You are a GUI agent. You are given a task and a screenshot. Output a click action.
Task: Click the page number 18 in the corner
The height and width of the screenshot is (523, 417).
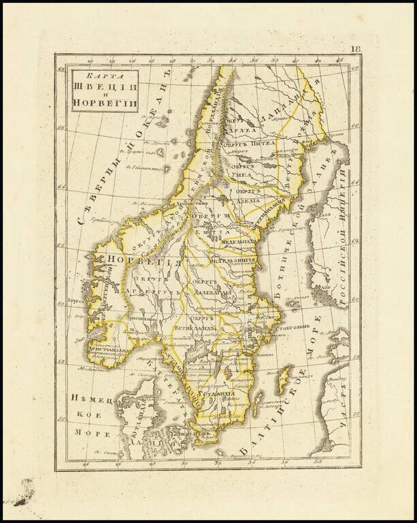point(356,49)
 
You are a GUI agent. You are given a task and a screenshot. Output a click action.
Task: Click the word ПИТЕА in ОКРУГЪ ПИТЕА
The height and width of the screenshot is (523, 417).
point(263,144)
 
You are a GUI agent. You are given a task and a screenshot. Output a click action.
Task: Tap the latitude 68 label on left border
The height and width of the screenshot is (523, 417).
point(61,69)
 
